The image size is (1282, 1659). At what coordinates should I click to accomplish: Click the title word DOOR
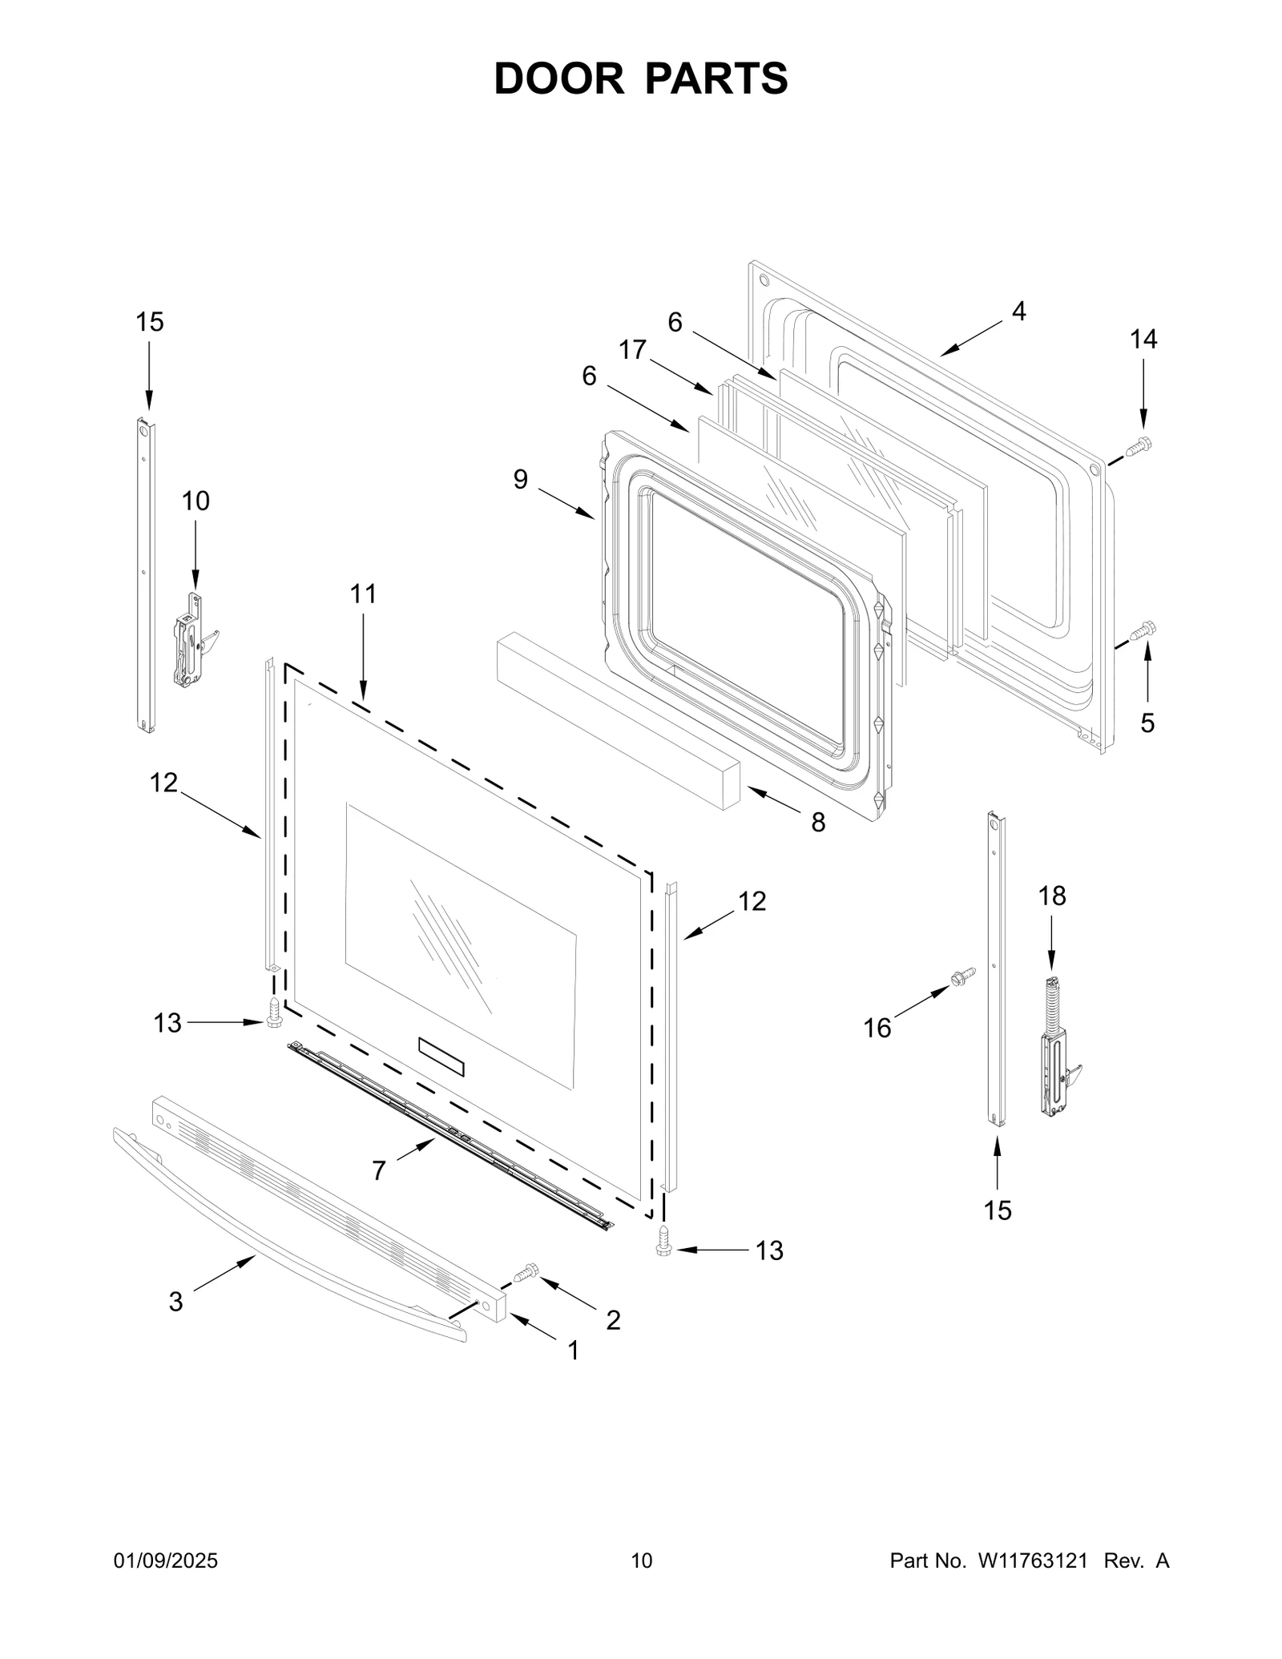(x=558, y=79)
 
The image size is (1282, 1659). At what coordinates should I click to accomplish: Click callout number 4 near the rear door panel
(x=1018, y=311)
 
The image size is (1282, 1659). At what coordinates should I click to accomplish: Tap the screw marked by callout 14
(x=1139, y=445)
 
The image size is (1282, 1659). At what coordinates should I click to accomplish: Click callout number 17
(x=632, y=350)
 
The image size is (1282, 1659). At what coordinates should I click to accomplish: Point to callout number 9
(x=521, y=480)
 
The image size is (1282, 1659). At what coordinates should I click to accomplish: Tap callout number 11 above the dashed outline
(x=363, y=594)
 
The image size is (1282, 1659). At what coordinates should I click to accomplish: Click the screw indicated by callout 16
(x=961, y=976)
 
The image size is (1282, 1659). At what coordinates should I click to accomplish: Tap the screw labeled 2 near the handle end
(x=528, y=1270)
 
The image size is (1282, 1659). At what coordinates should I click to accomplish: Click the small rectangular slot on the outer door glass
(x=441, y=1056)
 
